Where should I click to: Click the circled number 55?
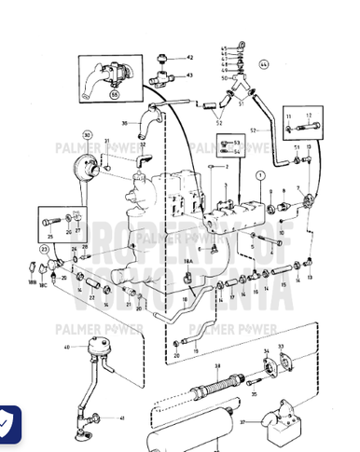(x=115, y=95)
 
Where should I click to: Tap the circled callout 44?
(x=263, y=64)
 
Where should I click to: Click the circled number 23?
(x=43, y=250)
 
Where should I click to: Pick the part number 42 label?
(x=188, y=58)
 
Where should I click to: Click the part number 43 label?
(x=189, y=75)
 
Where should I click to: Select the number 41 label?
(x=121, y=418)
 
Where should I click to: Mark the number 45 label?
(x=224, y=47)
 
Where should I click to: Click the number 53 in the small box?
(x=236, y=142)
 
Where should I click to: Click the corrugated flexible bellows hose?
(x=216, y=384)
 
